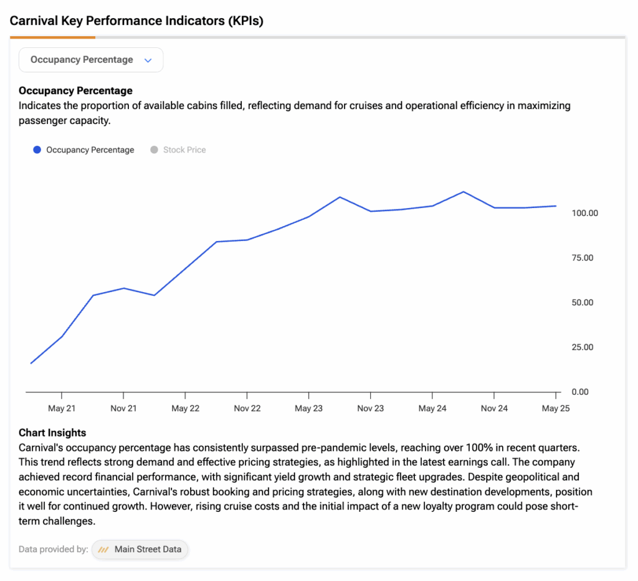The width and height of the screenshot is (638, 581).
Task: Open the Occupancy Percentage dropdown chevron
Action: tap(148, 60)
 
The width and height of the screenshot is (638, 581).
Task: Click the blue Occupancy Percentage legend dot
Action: tap(37, 149)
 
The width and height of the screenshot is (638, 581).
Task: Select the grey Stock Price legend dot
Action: tap(155, 149)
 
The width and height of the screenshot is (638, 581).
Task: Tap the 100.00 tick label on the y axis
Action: tap(584, 213)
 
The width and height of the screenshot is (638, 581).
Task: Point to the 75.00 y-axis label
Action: tap(583, 258)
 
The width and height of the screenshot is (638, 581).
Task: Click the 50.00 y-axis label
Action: tap(583, 303)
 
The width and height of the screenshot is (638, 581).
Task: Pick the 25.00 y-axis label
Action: tap(583, 347)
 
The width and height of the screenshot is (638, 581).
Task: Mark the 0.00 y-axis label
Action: tap(580, 392)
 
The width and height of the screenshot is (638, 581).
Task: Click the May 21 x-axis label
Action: tap(62, 409)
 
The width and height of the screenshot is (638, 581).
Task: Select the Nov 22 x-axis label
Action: tap(247, 409)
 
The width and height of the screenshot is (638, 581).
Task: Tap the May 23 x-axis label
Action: tap(309, 409)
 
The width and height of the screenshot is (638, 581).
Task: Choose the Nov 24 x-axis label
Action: tap(494, 409)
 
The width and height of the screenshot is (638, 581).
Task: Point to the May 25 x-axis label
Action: tap(556, 409)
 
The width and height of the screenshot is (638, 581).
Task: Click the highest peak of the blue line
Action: tap(464, 192)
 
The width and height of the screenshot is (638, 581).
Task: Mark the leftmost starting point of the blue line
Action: tap(31, 363)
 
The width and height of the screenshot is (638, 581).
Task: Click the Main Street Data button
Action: tap(140, 549)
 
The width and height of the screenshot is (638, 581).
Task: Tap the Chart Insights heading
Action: tap(52, 433)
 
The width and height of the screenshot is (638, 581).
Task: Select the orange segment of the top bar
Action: tap(52, 37)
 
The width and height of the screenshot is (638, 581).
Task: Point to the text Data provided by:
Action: tap(54, 549)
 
